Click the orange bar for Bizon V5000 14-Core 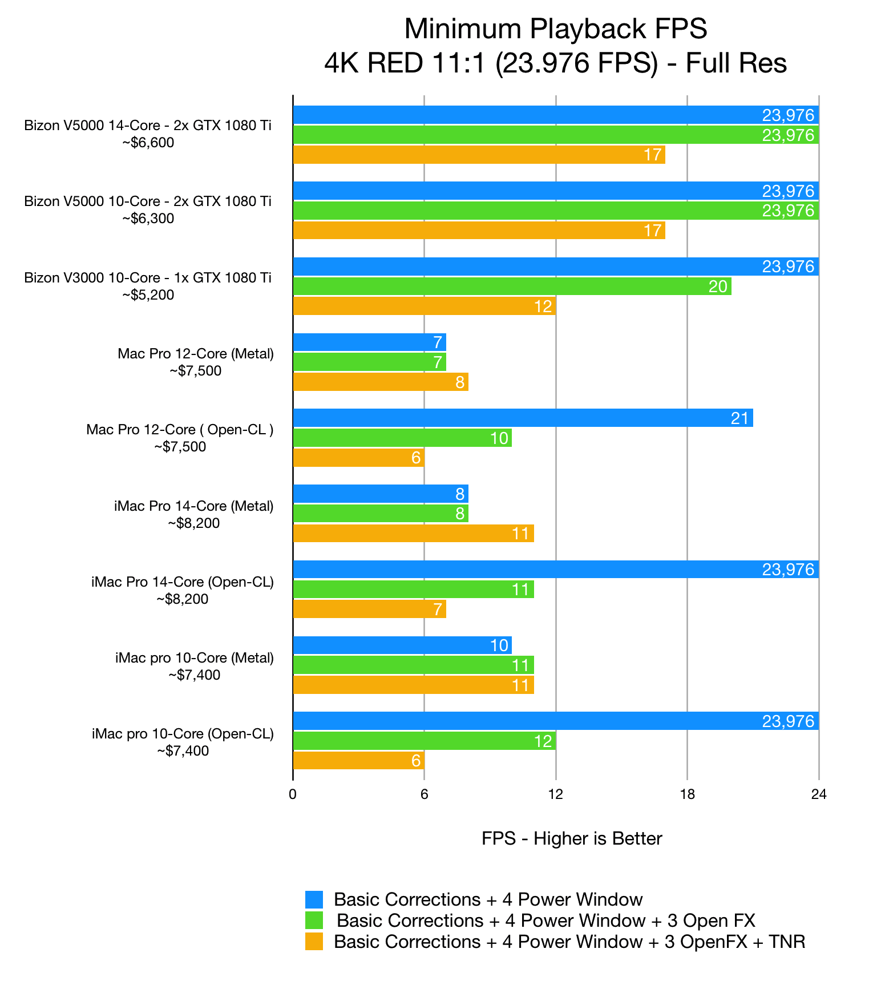pyautogui.click(x=479, y=155)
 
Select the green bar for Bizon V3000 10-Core pyautogui.click(x=512, y=286)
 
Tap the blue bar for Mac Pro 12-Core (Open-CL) pyautogui.click(x=523, y=418)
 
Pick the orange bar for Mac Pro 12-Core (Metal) pyautogui.click(x=381, y=382)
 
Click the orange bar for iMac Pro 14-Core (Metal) pyautogui.click(x=414, y=534)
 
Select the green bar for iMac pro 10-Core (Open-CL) pyautogui.click(x=425, y=741)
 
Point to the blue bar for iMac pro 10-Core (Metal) pyautogui.click(x=402, y=645)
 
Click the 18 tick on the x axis pyautogui.click(x=687, y=794)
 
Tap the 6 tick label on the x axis pyautogui.click(x=424, y=794)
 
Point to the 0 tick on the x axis pyautogui.click(x=293, y=794)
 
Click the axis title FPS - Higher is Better pyautogui.click(x=572, y=838)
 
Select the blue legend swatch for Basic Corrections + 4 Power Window pyautogui.click(x=314, y=899)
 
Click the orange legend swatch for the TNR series pyautogui.click(x=314, y=942)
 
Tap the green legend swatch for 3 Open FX pyautogui.click(x=314, y=921)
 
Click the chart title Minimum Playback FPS pyautogui.click(x=556, y=29)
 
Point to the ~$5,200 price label pyautogui.click(x=148, y=295)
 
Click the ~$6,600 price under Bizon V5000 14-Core pyautogui.click(x=148, y=143)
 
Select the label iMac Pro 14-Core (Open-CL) pyautogui.click(x=183, y=582)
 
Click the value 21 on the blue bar pyautogui.click(x=739, y=418)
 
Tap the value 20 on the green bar pyautogui.click(x=718, y=286)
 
